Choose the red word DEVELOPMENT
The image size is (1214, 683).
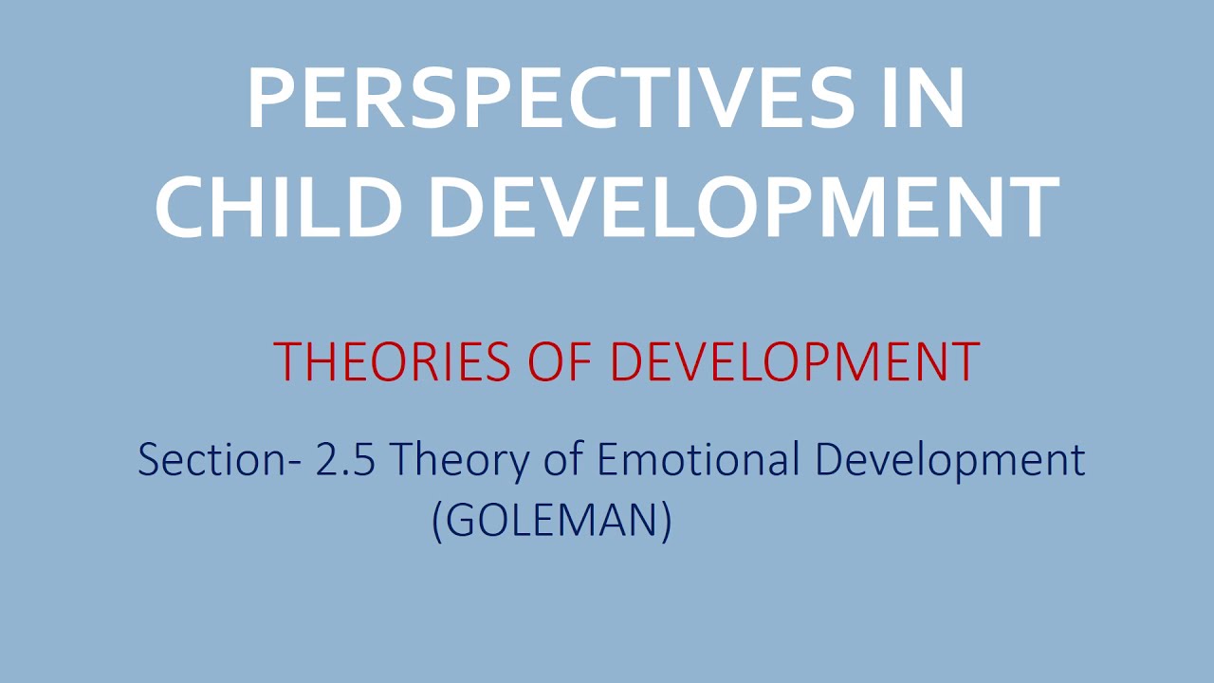click(795, 361)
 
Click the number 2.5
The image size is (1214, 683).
click(351, 460)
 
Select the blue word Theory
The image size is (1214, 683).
click(459, 462)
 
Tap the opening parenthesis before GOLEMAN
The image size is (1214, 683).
click(437, 521)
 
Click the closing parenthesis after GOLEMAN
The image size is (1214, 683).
click(666, 521)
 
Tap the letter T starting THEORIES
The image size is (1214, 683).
click(285, 361)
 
